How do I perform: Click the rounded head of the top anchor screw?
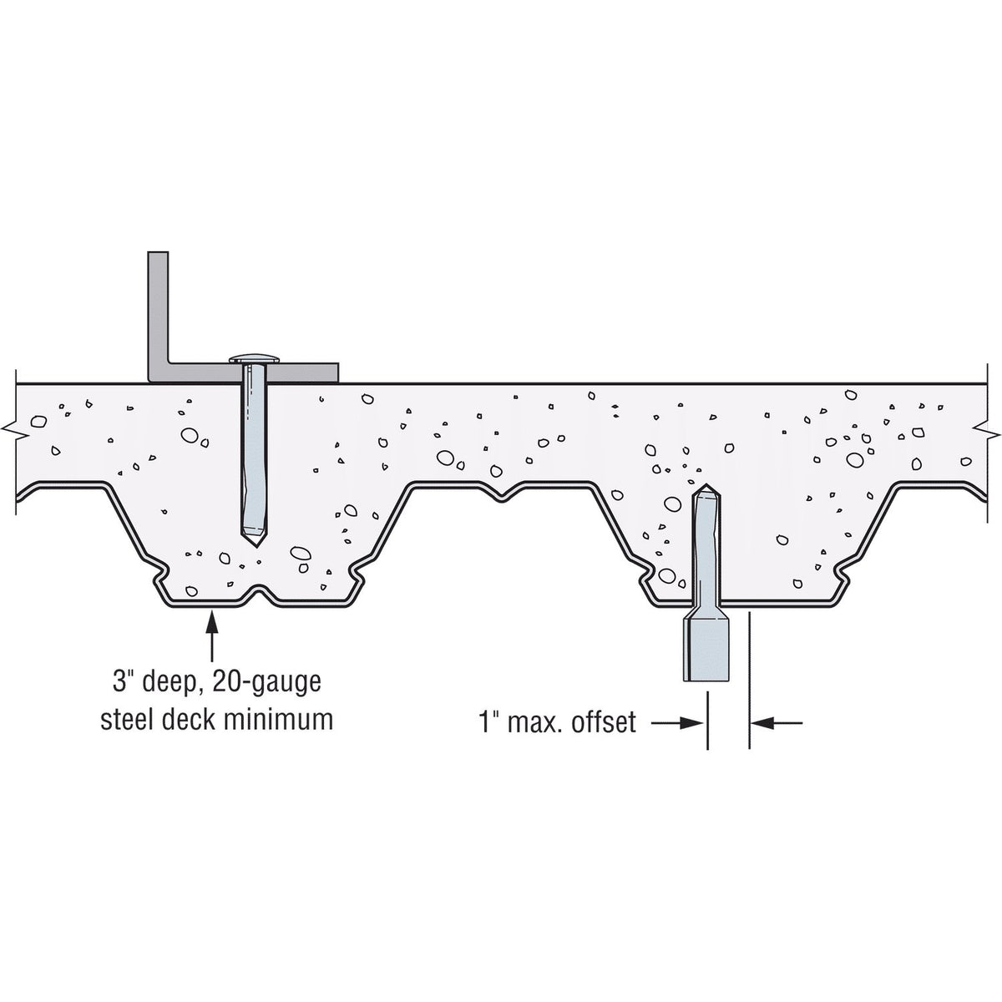point(255,359)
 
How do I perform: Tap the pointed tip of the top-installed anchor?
point(256,546)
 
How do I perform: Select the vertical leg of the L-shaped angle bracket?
point(158,316)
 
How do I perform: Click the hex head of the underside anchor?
point(706,651)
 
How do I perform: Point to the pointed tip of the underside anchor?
point(706,485)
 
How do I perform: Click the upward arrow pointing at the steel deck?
point(211,635)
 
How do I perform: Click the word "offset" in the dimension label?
point(604,722)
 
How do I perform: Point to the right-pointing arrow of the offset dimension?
point(677,723)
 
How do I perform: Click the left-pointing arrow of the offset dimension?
point(777,723)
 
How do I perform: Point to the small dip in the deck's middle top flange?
point(501,497)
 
